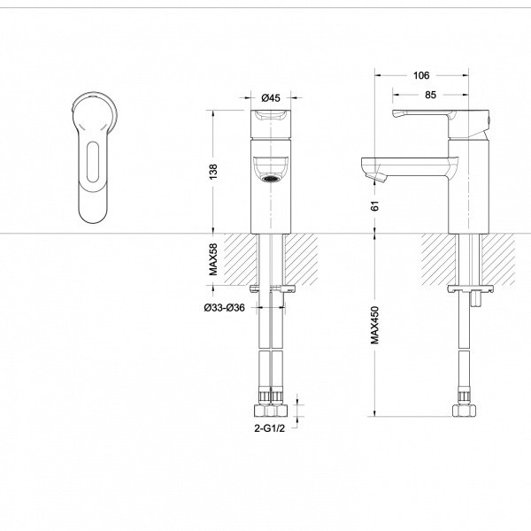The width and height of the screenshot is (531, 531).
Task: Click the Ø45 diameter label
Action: (x=271, y=98)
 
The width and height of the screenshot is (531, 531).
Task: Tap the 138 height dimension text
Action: (x=213, y=172)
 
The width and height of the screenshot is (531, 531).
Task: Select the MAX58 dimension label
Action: (x=213, y=259)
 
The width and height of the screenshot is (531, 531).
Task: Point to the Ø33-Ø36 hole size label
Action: (x=224, y=308)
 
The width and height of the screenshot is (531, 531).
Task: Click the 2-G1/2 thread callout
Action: (x=270, y=428)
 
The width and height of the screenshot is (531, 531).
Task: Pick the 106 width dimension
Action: (x=421, y=75)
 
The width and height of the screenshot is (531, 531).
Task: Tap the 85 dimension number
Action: (x=430, y=96)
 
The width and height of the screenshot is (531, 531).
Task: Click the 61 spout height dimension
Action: (x=375, y=206)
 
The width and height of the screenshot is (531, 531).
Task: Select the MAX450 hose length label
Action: (x=375, y=325)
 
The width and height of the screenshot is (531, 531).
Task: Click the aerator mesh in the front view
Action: (x=272, y=179)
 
